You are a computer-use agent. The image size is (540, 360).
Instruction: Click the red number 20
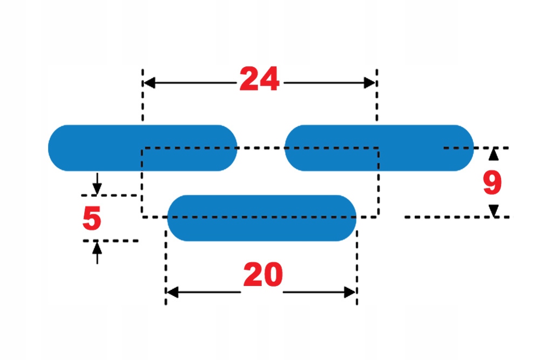click(x=262, y=275)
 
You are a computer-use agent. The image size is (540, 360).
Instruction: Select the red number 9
click(x=492, y=184)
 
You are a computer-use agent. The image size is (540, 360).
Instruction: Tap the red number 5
click(x=92, y=219)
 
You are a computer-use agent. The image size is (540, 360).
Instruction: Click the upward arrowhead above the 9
click(x=493, y=155)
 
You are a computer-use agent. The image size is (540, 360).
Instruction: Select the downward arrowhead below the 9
click(x=493, y=210)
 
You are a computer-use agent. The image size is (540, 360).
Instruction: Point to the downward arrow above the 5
click(x=97, y=187)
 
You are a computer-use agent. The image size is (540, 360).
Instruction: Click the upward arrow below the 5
click(x=97, y=248)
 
